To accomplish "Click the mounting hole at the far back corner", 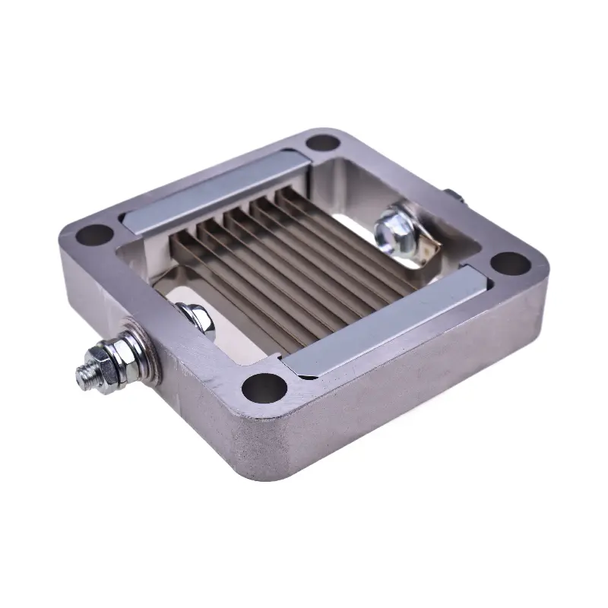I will click(323, 142).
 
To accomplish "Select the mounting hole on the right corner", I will click(511, 264).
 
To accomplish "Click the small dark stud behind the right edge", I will click(453, 197).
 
